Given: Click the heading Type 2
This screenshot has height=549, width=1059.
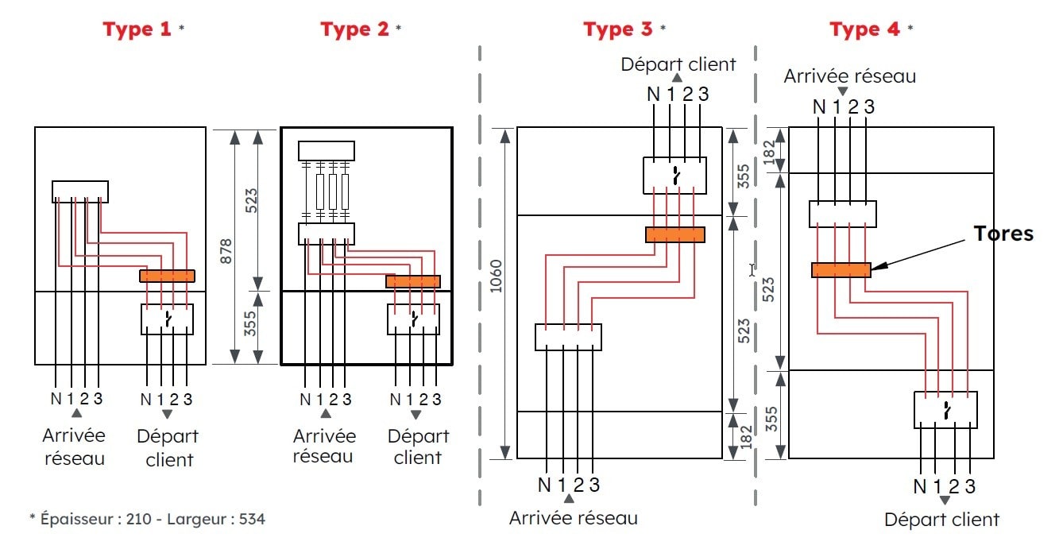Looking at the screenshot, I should point(355,30).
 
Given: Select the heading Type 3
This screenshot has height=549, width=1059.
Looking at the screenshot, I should point(617,30).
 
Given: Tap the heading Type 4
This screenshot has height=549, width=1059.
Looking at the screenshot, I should point(865,30).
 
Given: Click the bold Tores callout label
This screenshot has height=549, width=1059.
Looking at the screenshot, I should point(1004,234).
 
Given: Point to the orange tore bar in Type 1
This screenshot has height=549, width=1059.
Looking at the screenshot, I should point(167,276).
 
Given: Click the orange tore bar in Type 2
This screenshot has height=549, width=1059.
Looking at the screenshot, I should point(412,281).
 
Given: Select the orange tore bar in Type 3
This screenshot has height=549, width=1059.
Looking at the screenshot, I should point(674,234).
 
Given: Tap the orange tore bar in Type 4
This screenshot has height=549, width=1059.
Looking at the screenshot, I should point(841,270).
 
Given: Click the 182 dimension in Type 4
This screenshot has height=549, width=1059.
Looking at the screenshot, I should point(768,151).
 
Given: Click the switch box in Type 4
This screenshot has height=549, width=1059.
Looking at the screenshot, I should point(945,410).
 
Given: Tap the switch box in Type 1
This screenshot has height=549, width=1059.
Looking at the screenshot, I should point(167,319).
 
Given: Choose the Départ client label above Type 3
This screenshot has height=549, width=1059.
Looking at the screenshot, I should point(678,64).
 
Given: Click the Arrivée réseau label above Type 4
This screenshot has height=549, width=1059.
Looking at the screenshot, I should point(849,76).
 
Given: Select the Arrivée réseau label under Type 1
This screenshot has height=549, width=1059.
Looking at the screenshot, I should point(75,447).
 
